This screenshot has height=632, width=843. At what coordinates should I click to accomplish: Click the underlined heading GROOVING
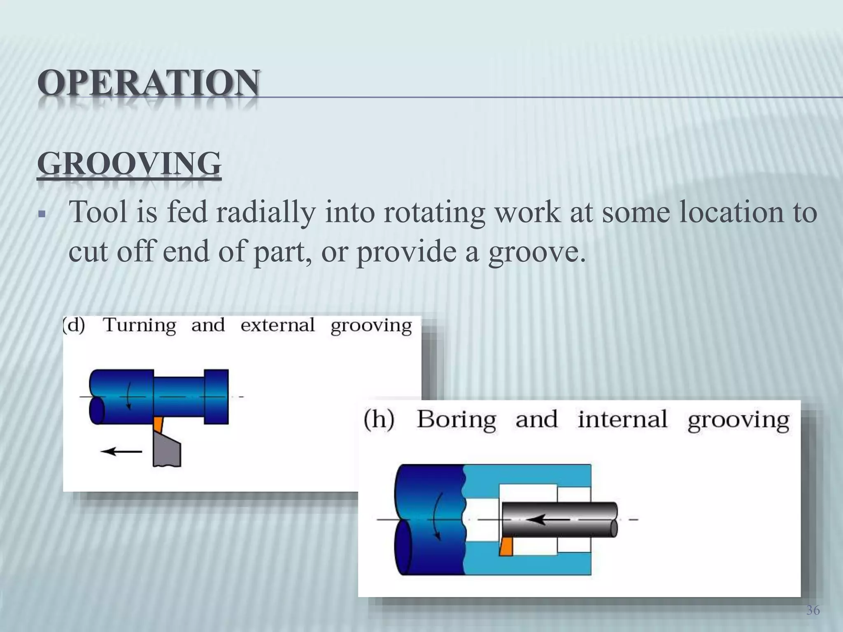point(129,164)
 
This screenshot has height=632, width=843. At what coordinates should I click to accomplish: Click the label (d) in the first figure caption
point(75,325)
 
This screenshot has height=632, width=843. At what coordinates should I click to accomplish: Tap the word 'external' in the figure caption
point(277,325)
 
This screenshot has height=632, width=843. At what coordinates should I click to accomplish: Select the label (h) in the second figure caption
point(379,420)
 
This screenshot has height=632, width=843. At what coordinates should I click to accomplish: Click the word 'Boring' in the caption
point(456,420)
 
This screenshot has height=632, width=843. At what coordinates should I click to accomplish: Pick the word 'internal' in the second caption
point(622,420)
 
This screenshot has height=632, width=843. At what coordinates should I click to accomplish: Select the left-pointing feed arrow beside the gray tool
point(121,452)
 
